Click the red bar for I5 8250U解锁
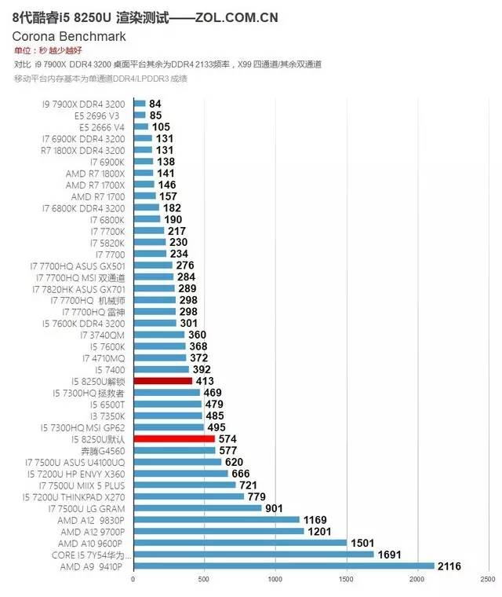[x=162, y=381]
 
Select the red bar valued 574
[x=174, y=439]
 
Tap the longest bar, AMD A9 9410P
[x=283, y=566]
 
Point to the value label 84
[x=155, y=104]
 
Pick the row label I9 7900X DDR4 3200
[x=83, y=104]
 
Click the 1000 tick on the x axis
[x=275, y=581]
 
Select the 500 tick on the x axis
[x=204, y=581]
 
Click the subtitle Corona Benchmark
[x=68, y=36]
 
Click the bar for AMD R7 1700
[x=144, y=196]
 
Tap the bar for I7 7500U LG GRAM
[x=197, y=507]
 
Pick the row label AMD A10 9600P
[x=91, y=543]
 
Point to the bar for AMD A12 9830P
[x=216, y=519]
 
